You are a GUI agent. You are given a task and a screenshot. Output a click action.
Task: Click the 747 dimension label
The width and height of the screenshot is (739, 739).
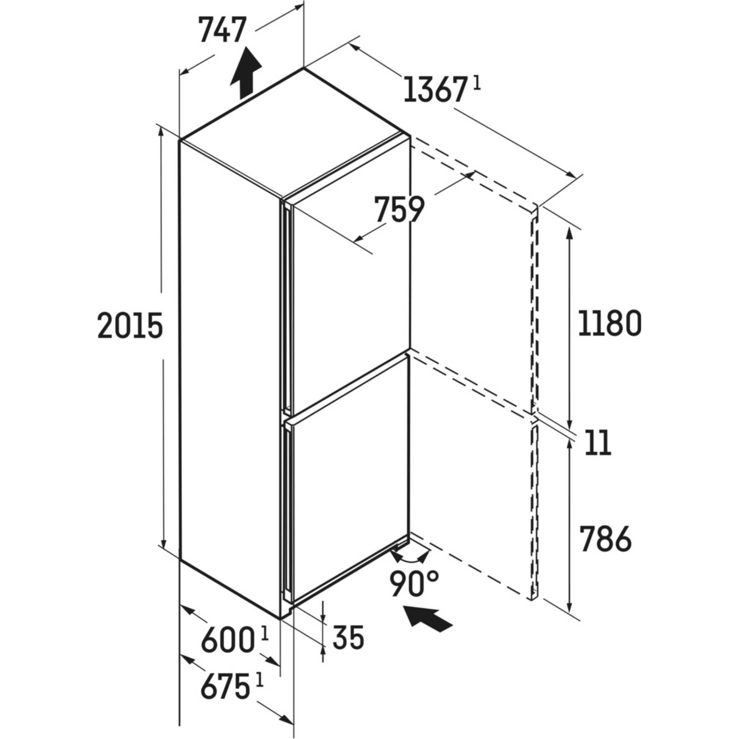click(x=222, y=30)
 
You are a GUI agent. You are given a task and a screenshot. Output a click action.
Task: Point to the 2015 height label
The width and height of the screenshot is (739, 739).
click(x=130, y=325)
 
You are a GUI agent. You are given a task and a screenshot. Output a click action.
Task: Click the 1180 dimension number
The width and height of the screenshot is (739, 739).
click(x=610, y=323)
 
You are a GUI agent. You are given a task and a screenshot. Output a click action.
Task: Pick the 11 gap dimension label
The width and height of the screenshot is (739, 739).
click(x=599, y=443)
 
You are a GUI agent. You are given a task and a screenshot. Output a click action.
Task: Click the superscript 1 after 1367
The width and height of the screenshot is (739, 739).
click(x=476, y=83)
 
